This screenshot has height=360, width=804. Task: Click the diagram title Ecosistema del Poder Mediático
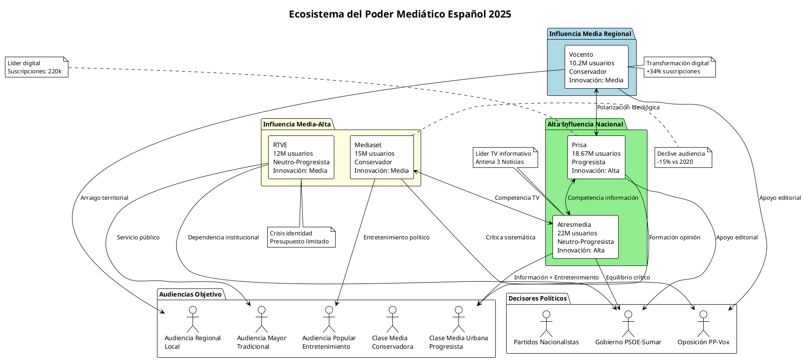[x=400, y=14]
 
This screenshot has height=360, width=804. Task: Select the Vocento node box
[x=596, y=67]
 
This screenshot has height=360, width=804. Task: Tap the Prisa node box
[x=596, y=157]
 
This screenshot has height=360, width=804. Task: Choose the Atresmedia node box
[x=585, y=237]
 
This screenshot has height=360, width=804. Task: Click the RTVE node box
[x=301, y=157]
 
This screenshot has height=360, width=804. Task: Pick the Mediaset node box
[x=382, y=157]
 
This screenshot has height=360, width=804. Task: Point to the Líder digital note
[x=36, y=67]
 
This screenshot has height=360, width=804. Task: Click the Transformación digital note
[x=679, y=67]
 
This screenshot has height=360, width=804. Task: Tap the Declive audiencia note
[x=683, y=157]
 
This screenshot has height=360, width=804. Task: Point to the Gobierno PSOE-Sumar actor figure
[x=628, y=323]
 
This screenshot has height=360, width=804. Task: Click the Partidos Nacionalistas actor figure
[x=546, y=323]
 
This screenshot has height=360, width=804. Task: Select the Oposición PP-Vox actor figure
[x=703, y=323]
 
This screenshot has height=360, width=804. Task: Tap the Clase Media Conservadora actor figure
[x=392, y=319]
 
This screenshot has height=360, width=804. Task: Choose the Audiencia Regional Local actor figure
[x=193, y=319]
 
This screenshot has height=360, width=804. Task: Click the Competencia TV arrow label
[x=517, y=198]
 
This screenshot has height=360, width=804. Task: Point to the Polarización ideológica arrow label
[x=628, y=108]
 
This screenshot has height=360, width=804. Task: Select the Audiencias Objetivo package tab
[x=190, y=294]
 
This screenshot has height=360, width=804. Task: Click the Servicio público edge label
[x=138, y=238]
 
